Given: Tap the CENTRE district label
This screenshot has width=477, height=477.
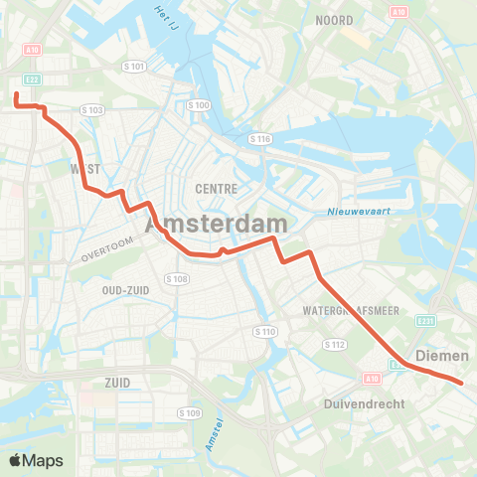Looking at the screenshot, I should pyautogui.click(x=215, y=187).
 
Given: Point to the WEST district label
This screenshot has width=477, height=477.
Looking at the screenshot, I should pyautogui.click(x=85, y=170).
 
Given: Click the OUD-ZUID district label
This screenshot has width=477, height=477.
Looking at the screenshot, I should pyautogui.click(x=126, y=289).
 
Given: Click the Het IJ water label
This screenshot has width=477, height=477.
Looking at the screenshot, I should pyautogui.click(x=167, y=14).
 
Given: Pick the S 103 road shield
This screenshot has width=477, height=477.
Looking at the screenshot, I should pyautogui.click(x=92, y=109).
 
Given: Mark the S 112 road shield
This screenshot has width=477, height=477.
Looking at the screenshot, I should pyautogui.click(x=333, y=344).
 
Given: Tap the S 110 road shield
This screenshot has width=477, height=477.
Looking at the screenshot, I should pyautogui.click(x=264, y=330).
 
